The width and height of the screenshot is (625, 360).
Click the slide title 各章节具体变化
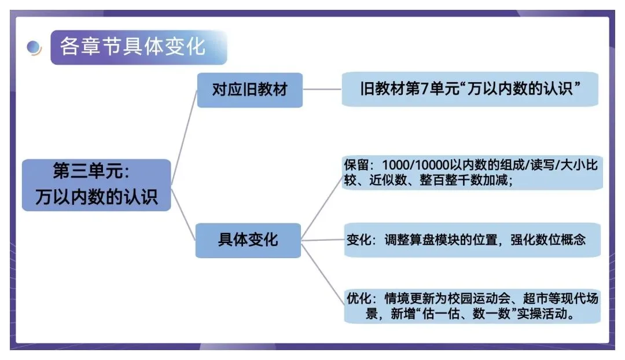click(x=133, y=46)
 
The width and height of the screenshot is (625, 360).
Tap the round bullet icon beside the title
click(x=34, y=47)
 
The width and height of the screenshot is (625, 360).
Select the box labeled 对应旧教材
click(x=249, y=90)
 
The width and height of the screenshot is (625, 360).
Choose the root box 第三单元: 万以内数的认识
click(x=96, y=185)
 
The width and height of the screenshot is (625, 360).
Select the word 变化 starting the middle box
click(x=359, y=239)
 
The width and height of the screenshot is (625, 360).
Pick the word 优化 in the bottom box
click(x=359, y=299)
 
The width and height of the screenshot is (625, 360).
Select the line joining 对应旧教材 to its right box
click(x=322, y=90)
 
